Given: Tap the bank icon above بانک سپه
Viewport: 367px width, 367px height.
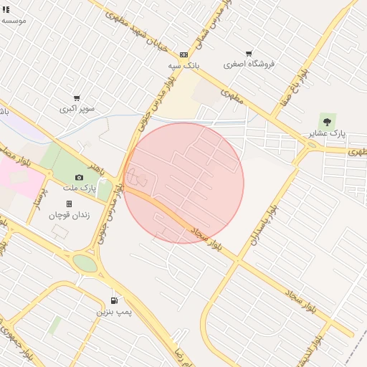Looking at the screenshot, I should tap(184, 54).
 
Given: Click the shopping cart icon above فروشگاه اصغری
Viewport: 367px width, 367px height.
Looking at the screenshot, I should tap(249, 53).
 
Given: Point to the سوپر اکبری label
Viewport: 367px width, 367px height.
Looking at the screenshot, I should tap(77, 109).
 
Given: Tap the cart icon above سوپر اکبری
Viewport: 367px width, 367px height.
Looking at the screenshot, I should tap(77, 98).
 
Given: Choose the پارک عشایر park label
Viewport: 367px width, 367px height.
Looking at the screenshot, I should tap(328, 133).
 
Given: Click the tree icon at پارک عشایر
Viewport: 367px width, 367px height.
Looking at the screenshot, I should tap(328, 121).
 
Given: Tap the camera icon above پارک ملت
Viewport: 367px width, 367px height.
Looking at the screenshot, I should tap(79, 177).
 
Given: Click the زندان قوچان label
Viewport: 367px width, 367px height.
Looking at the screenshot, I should tap(67, 215).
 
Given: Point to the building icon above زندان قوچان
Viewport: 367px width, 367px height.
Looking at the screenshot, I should tap(69, 204).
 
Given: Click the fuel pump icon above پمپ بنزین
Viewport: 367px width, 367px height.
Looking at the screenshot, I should tap(113, 301).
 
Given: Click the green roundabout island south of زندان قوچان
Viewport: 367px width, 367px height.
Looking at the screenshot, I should tap(85, 264).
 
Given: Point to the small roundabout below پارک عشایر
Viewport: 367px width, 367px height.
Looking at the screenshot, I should tap(311, 146).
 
